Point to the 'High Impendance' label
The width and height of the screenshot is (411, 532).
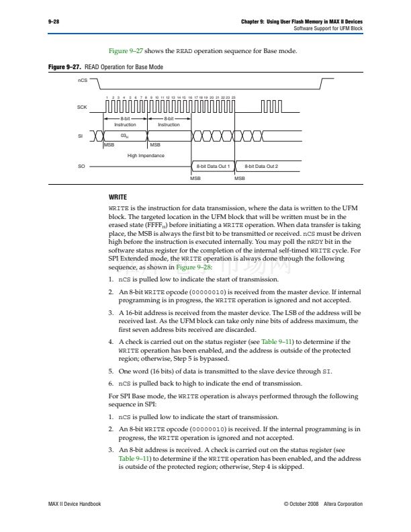pos(146,155)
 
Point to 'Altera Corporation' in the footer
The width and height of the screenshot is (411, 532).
pos(342,504)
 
